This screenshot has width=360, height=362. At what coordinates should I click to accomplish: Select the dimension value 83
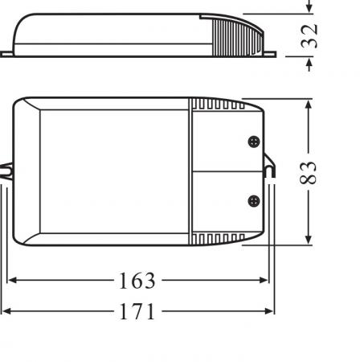tap(313, 172)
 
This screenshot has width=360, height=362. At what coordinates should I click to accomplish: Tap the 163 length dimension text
tap(137, 281)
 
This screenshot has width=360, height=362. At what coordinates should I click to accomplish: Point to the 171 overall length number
tap(137, 311)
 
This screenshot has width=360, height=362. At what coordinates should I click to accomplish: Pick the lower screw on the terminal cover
tap(254, 201)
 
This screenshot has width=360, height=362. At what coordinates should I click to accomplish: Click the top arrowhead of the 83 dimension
tap(308, 104)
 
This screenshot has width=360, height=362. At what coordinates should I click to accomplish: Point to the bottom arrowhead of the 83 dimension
tap(308, 240)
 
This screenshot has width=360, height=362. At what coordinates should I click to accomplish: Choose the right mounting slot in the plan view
tap(271, 172)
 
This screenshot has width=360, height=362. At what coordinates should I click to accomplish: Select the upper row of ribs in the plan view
tap(217, 105)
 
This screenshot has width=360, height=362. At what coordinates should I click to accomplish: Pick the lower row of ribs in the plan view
tap(217, 239)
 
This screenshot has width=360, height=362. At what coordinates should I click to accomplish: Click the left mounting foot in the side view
tap(8, 54)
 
